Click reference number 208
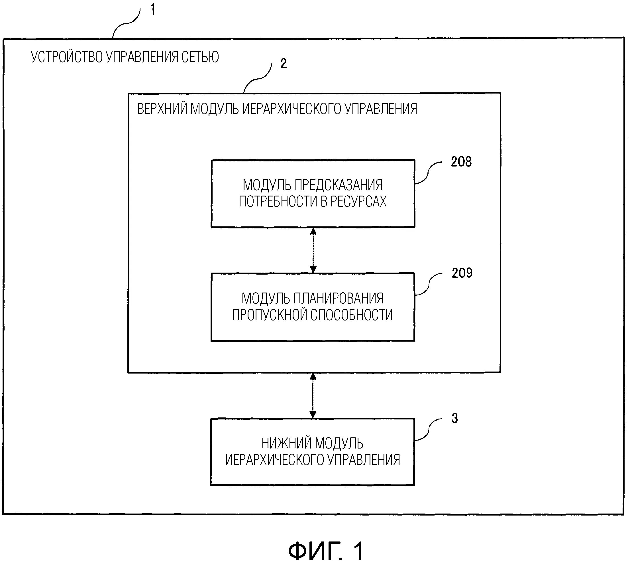461,162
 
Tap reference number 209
462,273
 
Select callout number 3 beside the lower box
455,418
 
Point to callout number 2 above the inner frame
284,63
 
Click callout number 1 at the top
153,10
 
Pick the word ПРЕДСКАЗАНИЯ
339,185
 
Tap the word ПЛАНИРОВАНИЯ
339,299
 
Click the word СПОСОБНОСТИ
352,315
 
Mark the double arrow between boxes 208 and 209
313,250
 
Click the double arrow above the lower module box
313,395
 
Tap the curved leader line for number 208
428,172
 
